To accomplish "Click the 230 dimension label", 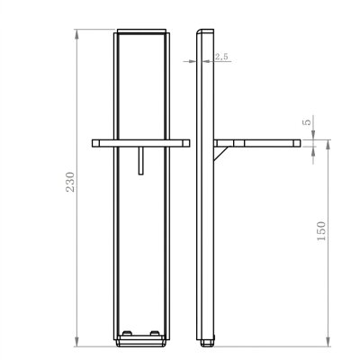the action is click(x=70, y=182).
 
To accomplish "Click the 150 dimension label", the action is click(x=321, y=230).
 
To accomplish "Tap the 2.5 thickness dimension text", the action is click(x=221, y=57).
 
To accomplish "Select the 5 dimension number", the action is click(x=308, y=122).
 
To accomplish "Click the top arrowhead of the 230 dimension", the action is click(x=77, y=33).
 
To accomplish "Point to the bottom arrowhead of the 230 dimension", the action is click(x=77, y=342).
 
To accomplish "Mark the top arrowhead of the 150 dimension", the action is click(x=328, y=145).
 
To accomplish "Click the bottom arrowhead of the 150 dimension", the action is click(x=328, y=342).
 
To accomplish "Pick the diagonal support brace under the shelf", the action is click(x=221, y=153).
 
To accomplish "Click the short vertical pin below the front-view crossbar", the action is click(x=141, y=160).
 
